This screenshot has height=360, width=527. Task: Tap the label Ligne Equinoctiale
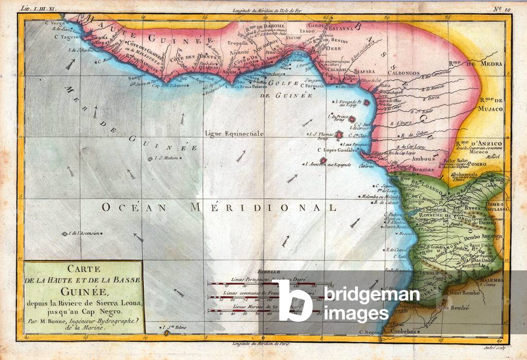coord(234,133)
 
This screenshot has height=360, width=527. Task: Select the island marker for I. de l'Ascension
coord(65,234)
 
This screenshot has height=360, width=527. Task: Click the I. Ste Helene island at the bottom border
coord(166,333)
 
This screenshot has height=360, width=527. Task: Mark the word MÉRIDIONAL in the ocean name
coord(263,207)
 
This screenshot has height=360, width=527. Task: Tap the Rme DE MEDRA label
coord(469,64)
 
